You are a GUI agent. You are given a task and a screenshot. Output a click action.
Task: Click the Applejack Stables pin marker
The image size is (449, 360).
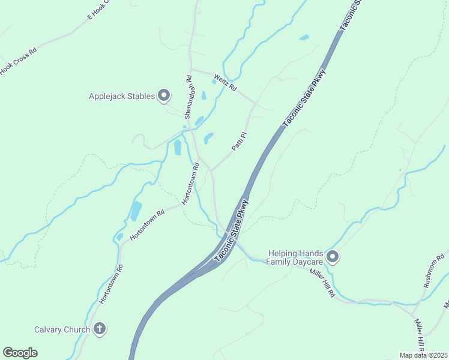pyautogui.click(x=164, y=95)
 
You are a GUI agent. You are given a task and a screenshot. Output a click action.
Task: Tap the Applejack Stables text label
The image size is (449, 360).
pyautogui.click(x=122, y=96)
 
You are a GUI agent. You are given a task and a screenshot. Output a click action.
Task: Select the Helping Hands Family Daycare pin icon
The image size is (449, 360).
pyautogui.click(x=333, y=257)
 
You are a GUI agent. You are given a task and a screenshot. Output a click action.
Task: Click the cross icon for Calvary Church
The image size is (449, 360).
pyautogui.click(x=100, y=329)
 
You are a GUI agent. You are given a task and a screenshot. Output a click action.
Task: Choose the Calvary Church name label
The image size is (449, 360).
pyautogui.click(x=62, y=329)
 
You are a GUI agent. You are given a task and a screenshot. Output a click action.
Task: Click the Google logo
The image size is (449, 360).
pyautogui.click(x=20, y=353)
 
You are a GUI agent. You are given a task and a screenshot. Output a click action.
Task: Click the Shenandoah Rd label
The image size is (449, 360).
pyautogui.click(x=188, y=97)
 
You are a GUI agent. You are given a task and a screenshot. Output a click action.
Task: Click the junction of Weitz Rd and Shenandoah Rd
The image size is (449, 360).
pyautogui.click(x=191, y=70)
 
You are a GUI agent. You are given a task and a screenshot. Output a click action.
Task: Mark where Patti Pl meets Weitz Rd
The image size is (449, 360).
pyautogui.click(x=255, y=104)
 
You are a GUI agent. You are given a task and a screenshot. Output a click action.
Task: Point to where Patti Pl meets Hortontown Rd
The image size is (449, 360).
pyautogui.click(x=210, y=170)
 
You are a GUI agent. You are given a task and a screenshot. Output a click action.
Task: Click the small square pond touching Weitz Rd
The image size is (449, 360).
pyautogui.click(x=214, y=81)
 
